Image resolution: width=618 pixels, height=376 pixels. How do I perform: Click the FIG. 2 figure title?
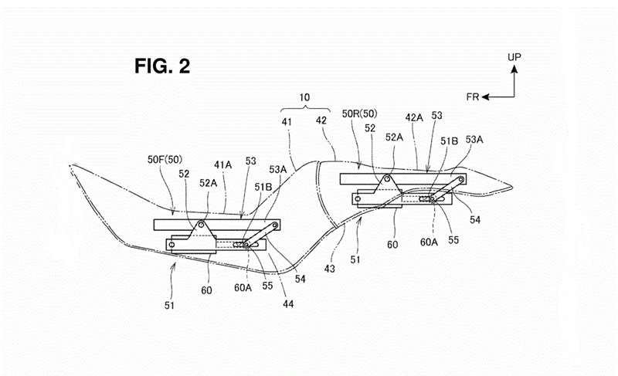click(x=162, y=66)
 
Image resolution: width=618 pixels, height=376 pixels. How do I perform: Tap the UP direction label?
click(x=514, y=57)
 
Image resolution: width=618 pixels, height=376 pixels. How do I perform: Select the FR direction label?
click(x=473, y=97)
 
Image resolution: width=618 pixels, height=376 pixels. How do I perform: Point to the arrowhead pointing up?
click(x=514, y=69)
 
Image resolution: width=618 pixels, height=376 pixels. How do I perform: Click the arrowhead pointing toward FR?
click(x=486, y=97)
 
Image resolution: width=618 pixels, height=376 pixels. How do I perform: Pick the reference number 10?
click(x=304, y=97)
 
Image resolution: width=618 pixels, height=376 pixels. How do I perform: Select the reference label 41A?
click(x=223, y=165)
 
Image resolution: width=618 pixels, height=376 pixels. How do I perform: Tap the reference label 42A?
click(x=414, y=117)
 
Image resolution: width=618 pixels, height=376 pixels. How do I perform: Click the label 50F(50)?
click(x=165, y=160)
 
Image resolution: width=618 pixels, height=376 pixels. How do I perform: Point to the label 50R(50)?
click(x=359, y=113)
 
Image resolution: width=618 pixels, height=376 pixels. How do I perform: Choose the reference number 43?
click(x=330, y=269)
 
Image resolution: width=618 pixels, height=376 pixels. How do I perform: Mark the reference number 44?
click(x=288, y=304)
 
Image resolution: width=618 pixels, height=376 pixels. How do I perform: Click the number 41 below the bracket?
click(x=287, y=122)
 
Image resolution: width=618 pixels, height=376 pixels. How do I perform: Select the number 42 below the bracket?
click(x=321, y=120)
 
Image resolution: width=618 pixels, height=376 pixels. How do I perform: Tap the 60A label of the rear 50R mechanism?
click(x=429, y=242)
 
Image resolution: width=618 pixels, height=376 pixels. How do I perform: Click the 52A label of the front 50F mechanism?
click(x=208, y=183)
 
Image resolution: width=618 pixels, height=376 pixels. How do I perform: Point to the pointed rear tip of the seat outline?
click(x=511, y=185)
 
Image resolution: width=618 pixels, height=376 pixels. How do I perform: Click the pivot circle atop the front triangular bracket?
click(x=202, y=225)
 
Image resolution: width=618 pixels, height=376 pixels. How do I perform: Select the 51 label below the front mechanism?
click(x=169, y=306)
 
